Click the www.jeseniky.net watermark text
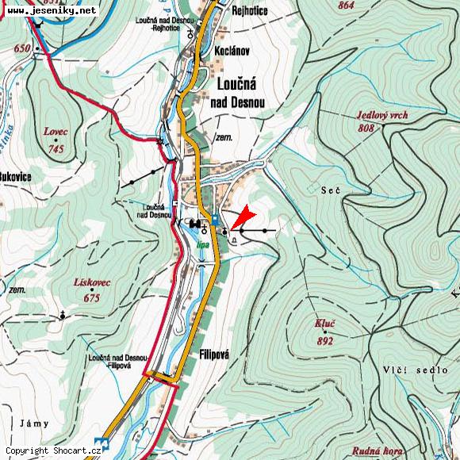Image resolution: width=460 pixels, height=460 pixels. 52,10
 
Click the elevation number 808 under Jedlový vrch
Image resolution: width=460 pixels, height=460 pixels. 366,128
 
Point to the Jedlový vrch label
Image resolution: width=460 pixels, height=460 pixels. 382,116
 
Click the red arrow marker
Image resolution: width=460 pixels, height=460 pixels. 244,217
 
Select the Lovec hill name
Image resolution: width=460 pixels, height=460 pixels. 56,132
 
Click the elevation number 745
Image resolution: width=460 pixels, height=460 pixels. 56,148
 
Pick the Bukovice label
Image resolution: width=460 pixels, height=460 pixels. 15,176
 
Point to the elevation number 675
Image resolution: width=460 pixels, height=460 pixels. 93,298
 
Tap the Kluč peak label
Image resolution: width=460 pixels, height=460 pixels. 323,326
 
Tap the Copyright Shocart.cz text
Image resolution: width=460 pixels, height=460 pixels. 53,450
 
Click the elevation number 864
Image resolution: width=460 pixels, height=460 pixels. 346,5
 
